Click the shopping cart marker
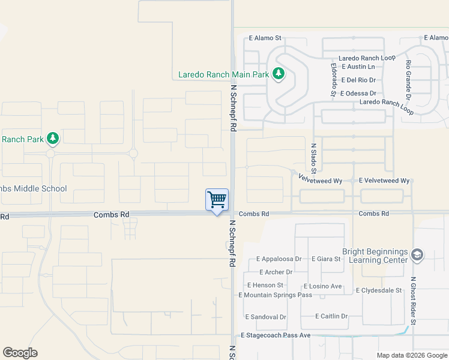[x=217, y=199]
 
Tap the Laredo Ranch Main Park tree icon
[x=278, y=75]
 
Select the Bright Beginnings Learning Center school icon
[x=417, y=256]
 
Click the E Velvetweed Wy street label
[x=384, y=181]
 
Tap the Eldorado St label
[x=333, y=80]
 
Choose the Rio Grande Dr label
[x=408, y=80]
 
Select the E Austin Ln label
[x=357, y=67]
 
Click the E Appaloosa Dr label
[x=279, y=259]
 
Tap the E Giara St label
[x=326, y=259]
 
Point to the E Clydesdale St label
[x=378, y=290]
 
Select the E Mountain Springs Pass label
[x=275, y=295]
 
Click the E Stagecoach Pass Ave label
[x=276, y=335]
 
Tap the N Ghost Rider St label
[x=413, y=300]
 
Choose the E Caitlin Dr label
[x=331, y=316]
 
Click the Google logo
[x=20, y=353]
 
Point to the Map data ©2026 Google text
[x=411, y=355]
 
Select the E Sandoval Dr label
[x=265, y=317]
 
